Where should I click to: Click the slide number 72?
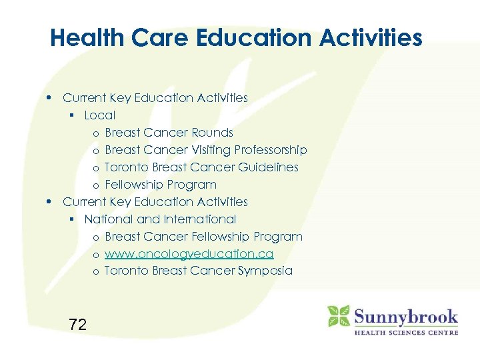coord(77,325)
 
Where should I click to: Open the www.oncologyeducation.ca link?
coord(189,254)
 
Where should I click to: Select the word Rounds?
coord(211,133)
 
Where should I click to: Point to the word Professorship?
coord(267,150)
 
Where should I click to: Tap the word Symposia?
coord(266,271)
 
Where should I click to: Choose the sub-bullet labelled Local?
coord(99,115)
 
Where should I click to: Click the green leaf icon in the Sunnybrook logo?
coord(339,316)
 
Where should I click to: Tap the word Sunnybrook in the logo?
coord(405,315)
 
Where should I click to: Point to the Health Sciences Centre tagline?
coord(405,331)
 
